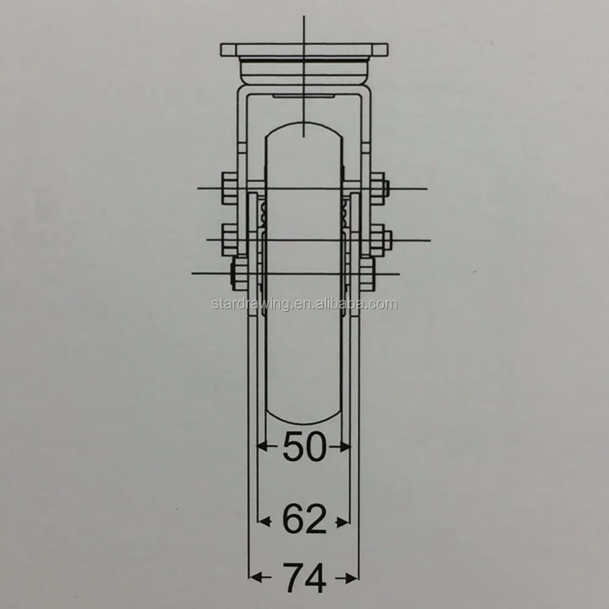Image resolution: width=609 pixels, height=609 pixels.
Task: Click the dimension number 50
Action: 304,448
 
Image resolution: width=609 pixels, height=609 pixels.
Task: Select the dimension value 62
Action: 304,521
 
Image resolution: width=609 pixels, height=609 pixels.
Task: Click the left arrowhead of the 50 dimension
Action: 261,447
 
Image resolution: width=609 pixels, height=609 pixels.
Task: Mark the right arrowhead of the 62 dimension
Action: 345,521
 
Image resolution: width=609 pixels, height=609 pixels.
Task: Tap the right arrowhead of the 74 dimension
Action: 353,576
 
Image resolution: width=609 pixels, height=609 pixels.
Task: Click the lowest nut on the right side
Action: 367,273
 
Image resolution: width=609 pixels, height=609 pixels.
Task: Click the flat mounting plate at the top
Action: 303,48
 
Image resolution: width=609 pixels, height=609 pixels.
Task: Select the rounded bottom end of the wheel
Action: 303,423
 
